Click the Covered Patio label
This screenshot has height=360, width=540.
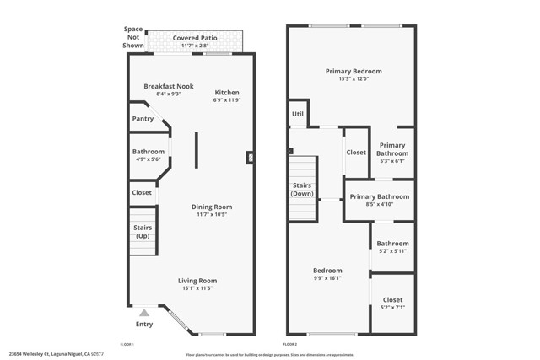tap(194, 38)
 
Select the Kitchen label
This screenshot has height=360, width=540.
tap(226, 93)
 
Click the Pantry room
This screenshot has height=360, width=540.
tap(143, 119)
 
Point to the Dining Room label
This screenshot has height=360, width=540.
tap(211, 207)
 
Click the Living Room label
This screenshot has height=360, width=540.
tap(197, 281)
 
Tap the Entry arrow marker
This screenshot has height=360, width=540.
tap(144, 313)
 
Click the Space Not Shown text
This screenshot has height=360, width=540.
tap(133, 37)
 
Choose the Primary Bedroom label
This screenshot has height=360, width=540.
tap(354, 72)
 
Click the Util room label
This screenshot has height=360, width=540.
tap(298, 114)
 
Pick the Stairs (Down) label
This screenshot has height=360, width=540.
tap(302, 189)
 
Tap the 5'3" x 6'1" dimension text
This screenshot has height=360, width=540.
tap(392, 161)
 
